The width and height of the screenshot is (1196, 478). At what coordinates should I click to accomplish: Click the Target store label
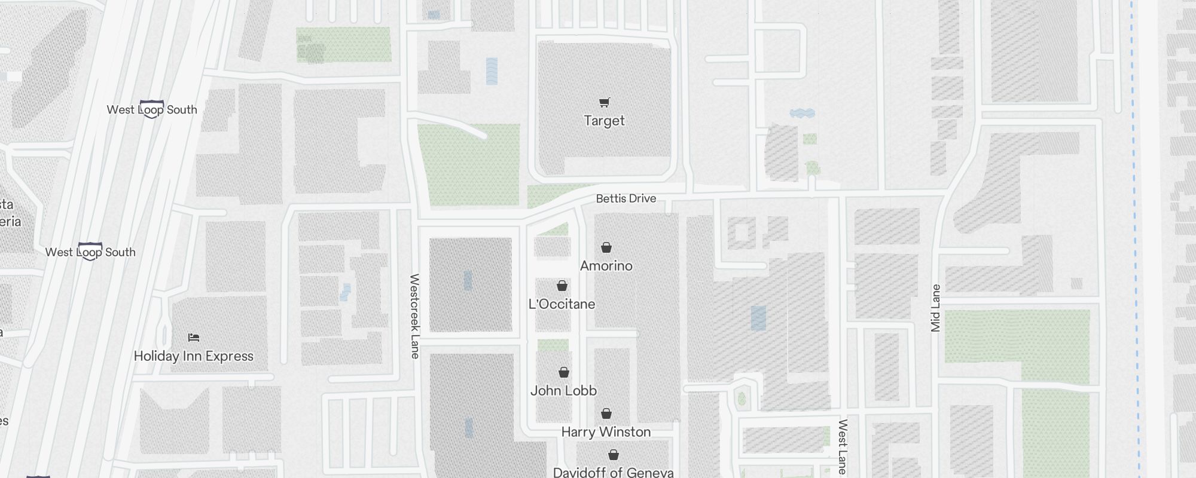[604, 121]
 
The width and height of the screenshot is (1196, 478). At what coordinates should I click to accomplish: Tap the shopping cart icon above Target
[604, 103]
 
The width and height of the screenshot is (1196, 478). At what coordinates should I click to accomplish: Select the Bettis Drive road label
[626, 198]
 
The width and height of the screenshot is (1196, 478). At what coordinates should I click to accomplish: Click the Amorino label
[606, 266]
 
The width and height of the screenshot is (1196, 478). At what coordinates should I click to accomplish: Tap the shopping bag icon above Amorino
[606, 247]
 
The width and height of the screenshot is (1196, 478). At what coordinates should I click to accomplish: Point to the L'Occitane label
[562, 304]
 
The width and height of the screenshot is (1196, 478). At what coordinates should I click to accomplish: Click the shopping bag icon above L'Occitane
[562, 286]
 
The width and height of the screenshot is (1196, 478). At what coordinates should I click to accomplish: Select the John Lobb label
[563, 391]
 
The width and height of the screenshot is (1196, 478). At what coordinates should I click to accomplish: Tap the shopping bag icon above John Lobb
[563, 372]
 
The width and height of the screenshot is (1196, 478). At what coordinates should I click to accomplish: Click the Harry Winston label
[606, 432]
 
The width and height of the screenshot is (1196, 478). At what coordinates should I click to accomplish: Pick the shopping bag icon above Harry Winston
[606, 413]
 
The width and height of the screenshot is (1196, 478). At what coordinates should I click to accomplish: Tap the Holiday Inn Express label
[193, 356]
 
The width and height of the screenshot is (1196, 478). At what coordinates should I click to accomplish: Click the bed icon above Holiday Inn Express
[193, 338]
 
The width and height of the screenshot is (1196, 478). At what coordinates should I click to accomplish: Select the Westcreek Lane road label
[414, 316]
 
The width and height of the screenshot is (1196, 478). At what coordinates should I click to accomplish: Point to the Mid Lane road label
[936, 308]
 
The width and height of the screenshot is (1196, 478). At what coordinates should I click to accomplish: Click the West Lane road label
[842, 447]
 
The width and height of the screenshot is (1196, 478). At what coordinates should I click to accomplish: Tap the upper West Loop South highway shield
[151, 109]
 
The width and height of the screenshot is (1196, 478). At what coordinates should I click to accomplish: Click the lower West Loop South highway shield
[90, 252]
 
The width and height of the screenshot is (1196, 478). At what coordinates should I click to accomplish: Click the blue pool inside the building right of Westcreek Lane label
[468, 280]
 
